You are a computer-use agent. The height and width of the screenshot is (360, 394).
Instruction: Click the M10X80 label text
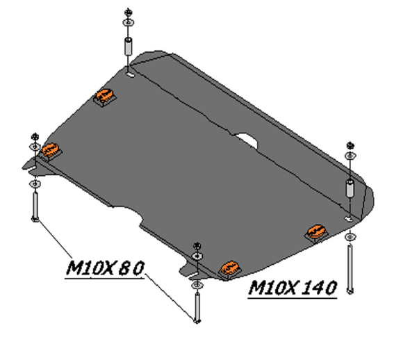tap(106, 268)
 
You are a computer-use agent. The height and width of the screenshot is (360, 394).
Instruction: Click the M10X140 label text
tap(293, 288)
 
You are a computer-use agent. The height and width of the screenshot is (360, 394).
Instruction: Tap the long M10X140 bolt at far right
tap(350, 270)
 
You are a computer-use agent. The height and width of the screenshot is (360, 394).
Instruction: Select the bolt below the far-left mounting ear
tap(35, 206)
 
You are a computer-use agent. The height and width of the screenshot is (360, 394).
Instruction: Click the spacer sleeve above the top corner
tap(129, 46)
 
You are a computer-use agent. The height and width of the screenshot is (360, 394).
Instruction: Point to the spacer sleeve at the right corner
tap(350, 188)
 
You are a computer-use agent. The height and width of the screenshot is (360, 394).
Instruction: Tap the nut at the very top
tap(129, 12)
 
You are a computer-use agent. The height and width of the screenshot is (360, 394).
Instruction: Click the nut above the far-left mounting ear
tap(35, 137)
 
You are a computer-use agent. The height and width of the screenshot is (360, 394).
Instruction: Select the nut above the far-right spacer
tap(350, 145)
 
